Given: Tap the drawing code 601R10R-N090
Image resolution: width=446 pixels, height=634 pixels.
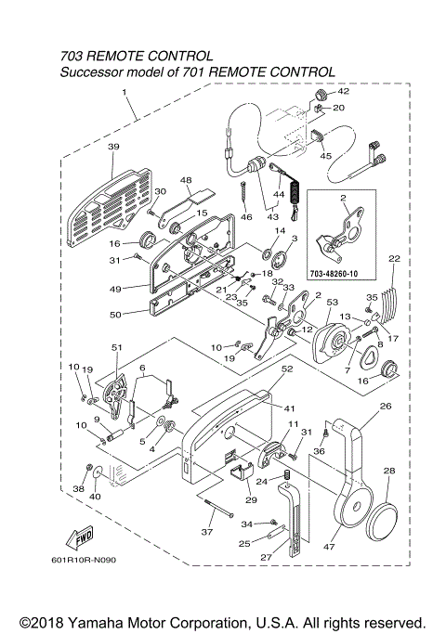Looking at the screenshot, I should point(90,561).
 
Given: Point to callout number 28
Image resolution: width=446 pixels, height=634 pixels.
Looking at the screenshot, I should point(388,472).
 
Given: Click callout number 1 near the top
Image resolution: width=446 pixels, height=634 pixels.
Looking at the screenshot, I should point(124,92).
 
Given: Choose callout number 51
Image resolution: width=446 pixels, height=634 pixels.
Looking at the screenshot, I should point(117,348).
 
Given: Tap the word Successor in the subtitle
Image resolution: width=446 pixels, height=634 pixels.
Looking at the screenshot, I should point(96,72).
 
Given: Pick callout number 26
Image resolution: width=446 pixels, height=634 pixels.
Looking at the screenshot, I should point(387,405).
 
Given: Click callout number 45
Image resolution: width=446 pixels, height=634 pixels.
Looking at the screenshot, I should point(325,156).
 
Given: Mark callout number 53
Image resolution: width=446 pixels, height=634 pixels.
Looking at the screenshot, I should point(333,304).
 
